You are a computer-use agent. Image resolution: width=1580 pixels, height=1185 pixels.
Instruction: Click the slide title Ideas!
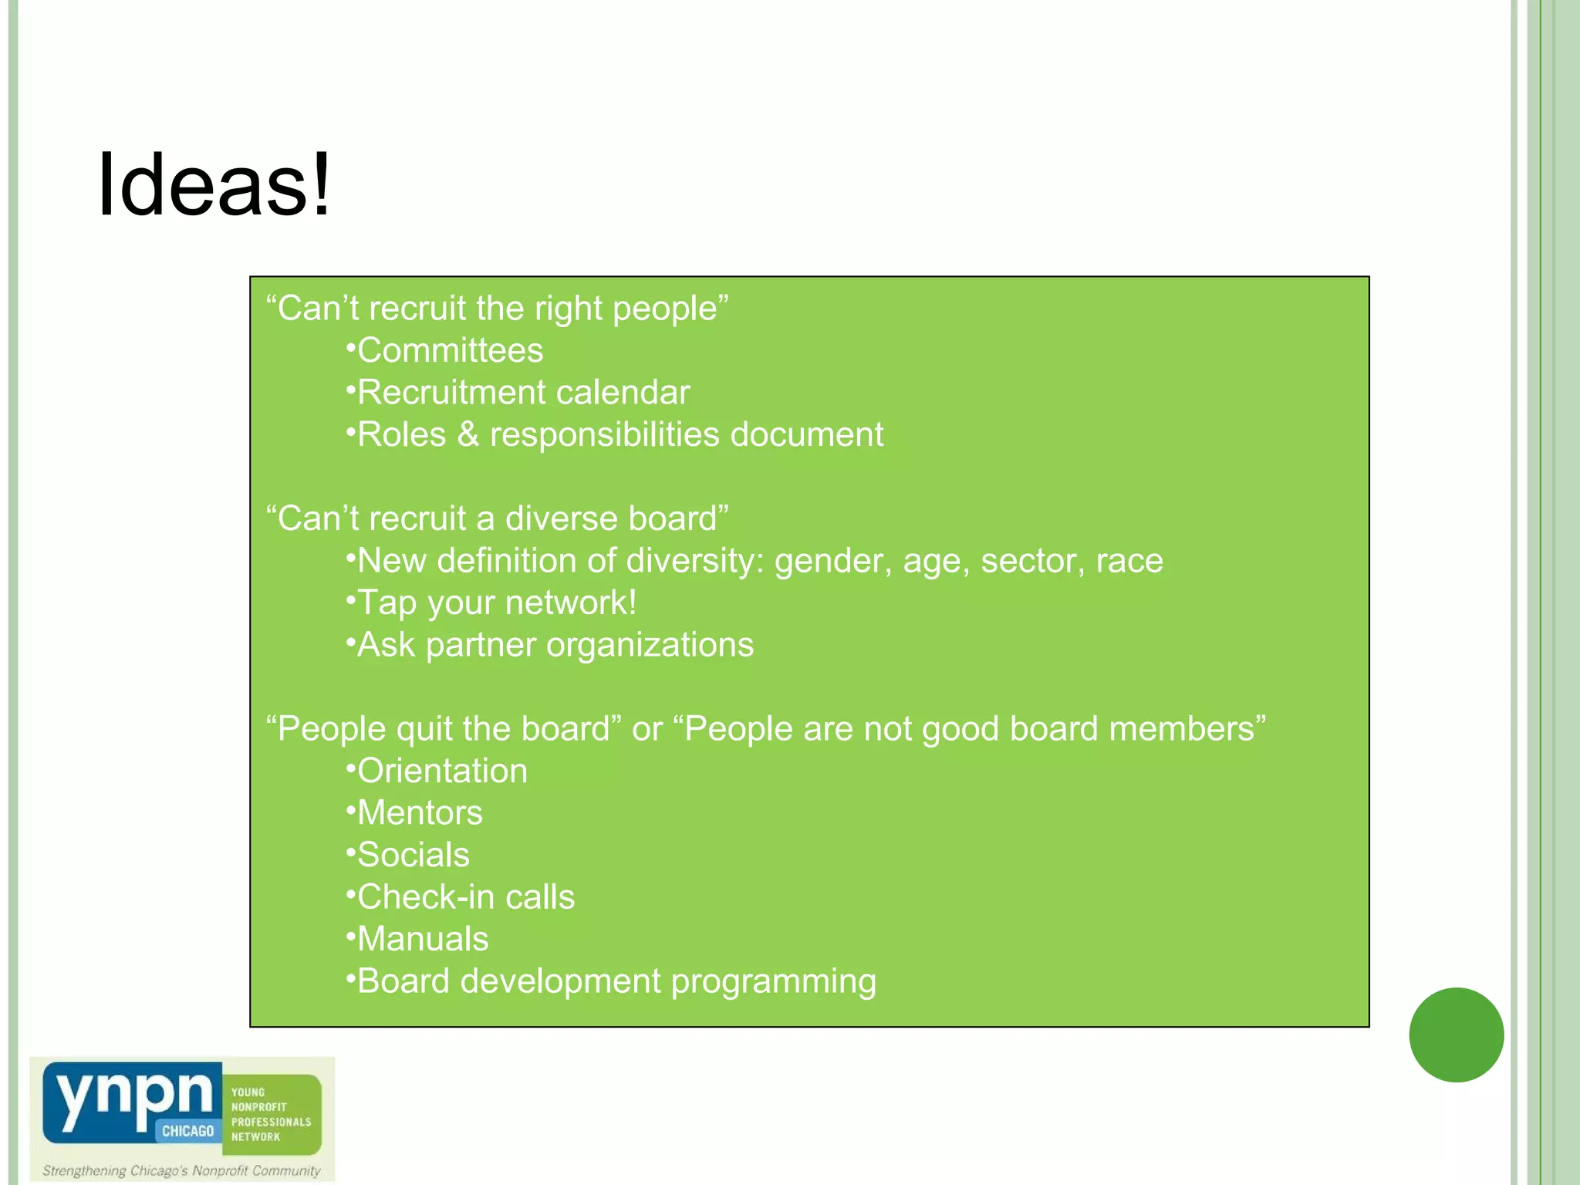tap(214, 185)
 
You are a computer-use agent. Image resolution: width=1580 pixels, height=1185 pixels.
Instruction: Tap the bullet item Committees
tap(450, 351)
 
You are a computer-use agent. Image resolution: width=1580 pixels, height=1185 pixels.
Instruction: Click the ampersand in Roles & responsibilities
tap(468, 434)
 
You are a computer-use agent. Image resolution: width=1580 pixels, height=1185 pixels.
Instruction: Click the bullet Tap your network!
tap(496, 603)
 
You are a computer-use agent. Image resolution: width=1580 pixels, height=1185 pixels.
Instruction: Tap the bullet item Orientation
tap(442, 771)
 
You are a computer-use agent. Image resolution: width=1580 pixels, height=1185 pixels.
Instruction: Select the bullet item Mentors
tap(420, 813)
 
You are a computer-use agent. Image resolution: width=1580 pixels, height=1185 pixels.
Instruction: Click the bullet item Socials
tap(414, 856)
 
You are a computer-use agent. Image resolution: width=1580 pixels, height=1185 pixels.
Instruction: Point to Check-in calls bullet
tap(466, 897)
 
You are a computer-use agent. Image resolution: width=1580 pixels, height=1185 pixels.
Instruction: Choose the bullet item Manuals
tap(423, 940)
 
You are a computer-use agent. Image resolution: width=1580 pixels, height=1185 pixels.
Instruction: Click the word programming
tap(773, 981)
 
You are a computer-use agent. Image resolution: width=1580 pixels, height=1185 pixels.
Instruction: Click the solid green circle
tap(1456, 1035)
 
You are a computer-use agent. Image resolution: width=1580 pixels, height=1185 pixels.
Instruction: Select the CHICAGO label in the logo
tap(187, 1131)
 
